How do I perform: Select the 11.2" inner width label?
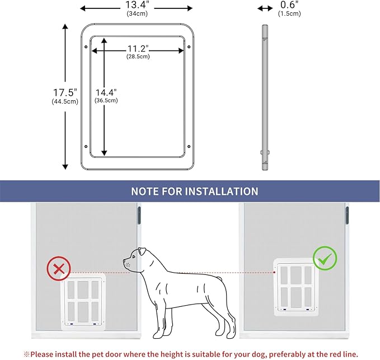click(138, 48)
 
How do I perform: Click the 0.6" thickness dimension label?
click(289, 5)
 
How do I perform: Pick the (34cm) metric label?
click(137, 13)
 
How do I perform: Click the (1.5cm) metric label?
click(289, 13)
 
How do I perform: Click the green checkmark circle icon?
click(325, 259)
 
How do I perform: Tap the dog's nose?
click(125, 260)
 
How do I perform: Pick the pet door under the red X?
click(82, 301)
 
